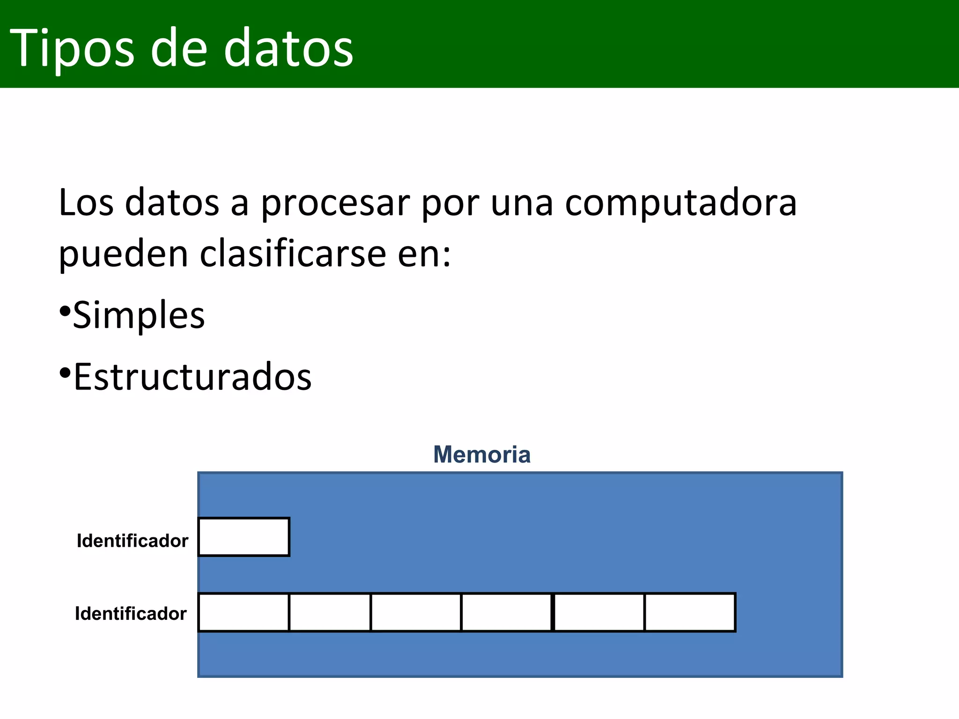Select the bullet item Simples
(139, 315)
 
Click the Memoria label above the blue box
(482, 455)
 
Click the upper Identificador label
(133, 541)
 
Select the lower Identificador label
(131, 614)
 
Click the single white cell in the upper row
(243, 537)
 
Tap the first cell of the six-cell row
(243, 612)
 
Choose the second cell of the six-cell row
(330, 612)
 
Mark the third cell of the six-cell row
(416, 612)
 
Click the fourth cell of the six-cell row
(506, 612)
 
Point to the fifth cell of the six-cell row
(599, 612)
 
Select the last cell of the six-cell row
(690, 612)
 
